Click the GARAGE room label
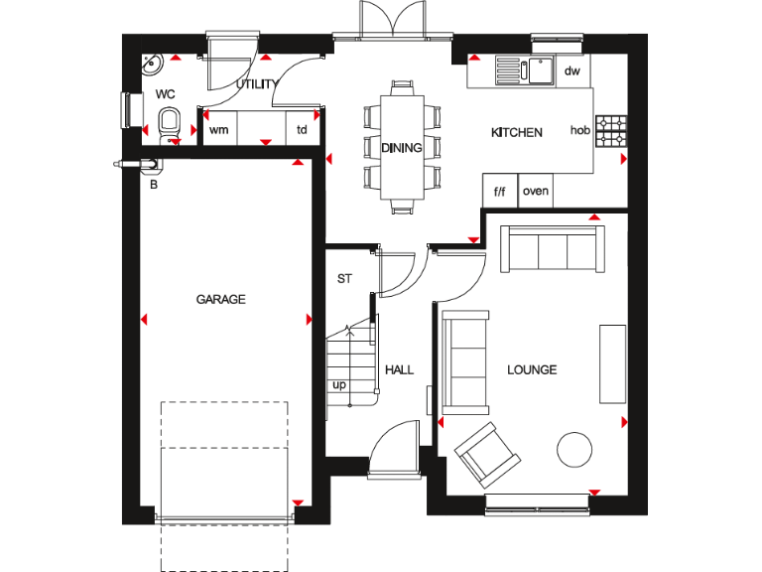point(220,299)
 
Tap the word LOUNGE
point(532,369)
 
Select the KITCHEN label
point(517,132)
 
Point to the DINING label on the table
point(402,148)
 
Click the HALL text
point(399,369)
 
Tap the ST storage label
point(344,279)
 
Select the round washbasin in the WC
point(152,65)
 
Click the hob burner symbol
point(611,130)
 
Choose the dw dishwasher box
point(571,71)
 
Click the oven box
point(535,191)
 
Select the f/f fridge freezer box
point(499,191)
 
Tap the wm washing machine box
point(218,129)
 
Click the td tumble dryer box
point(302,129)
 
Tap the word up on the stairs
point(339,384)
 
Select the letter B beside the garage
point(153,184)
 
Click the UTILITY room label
point(255,85)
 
